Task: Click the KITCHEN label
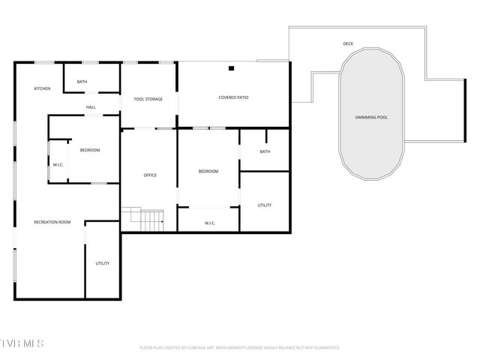click(42, 89)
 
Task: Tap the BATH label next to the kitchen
click(82, 82)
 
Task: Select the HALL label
click(91, 107)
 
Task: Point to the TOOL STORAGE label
click(148, 99)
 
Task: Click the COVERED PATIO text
click(233, 97)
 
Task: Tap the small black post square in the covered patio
click(232, 69)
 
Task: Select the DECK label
click(348, 44)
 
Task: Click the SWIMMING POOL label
click(371, 118)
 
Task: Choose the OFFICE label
click(150, 175)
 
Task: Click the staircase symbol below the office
click(152, 220)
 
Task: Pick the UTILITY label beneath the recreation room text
click(103, 263)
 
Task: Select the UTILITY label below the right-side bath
click(265, 205)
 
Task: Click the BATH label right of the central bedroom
click(265, 151)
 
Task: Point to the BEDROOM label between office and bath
click(208, 172)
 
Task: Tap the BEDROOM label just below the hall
click(90, 150)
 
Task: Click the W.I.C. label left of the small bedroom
click(58, 165)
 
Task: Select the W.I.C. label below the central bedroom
click(210, 223)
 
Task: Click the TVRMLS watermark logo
click(22, 343)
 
